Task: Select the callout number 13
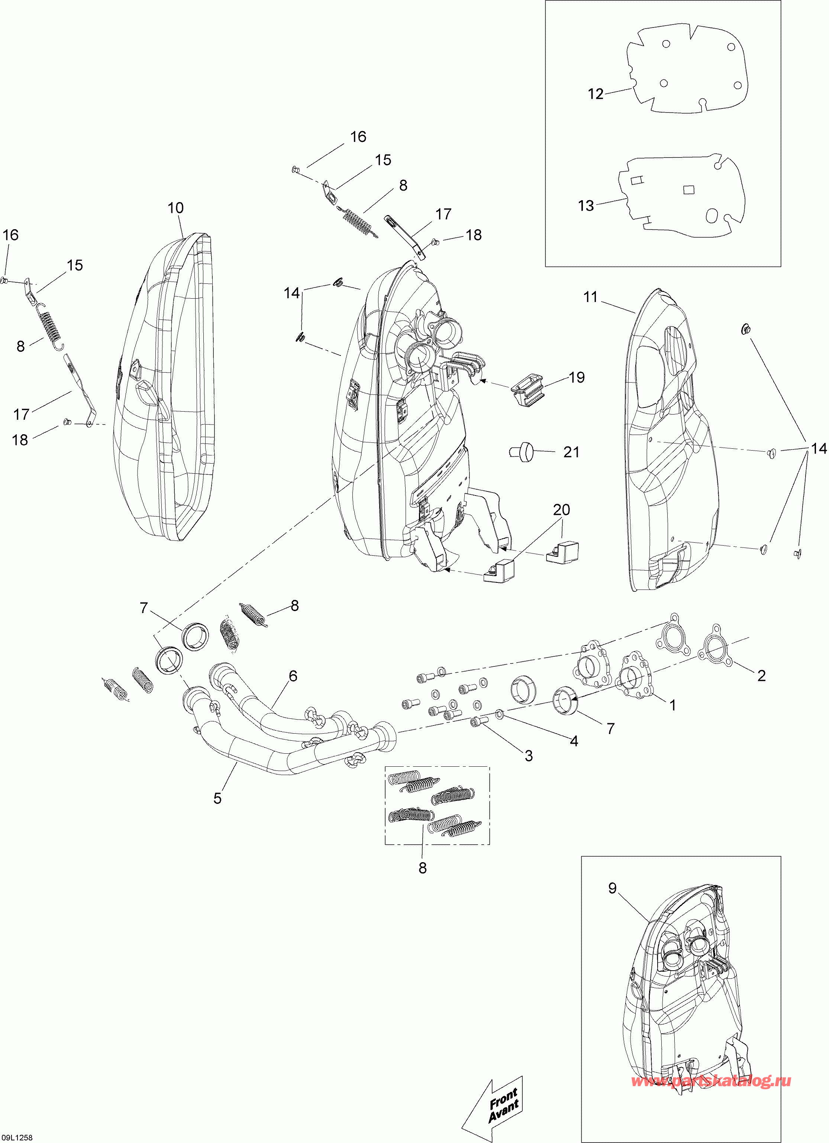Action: (586, 206)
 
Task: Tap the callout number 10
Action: (175, 208)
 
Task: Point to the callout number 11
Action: (590, 297)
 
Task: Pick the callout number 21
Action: (571, 452)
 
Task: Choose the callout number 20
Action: (561, 510)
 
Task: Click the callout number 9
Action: (612, 888)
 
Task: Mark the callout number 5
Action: (217, 798)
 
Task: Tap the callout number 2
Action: (761, 675)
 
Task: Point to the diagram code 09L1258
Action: (17, 1137)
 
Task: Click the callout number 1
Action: (672, 705)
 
